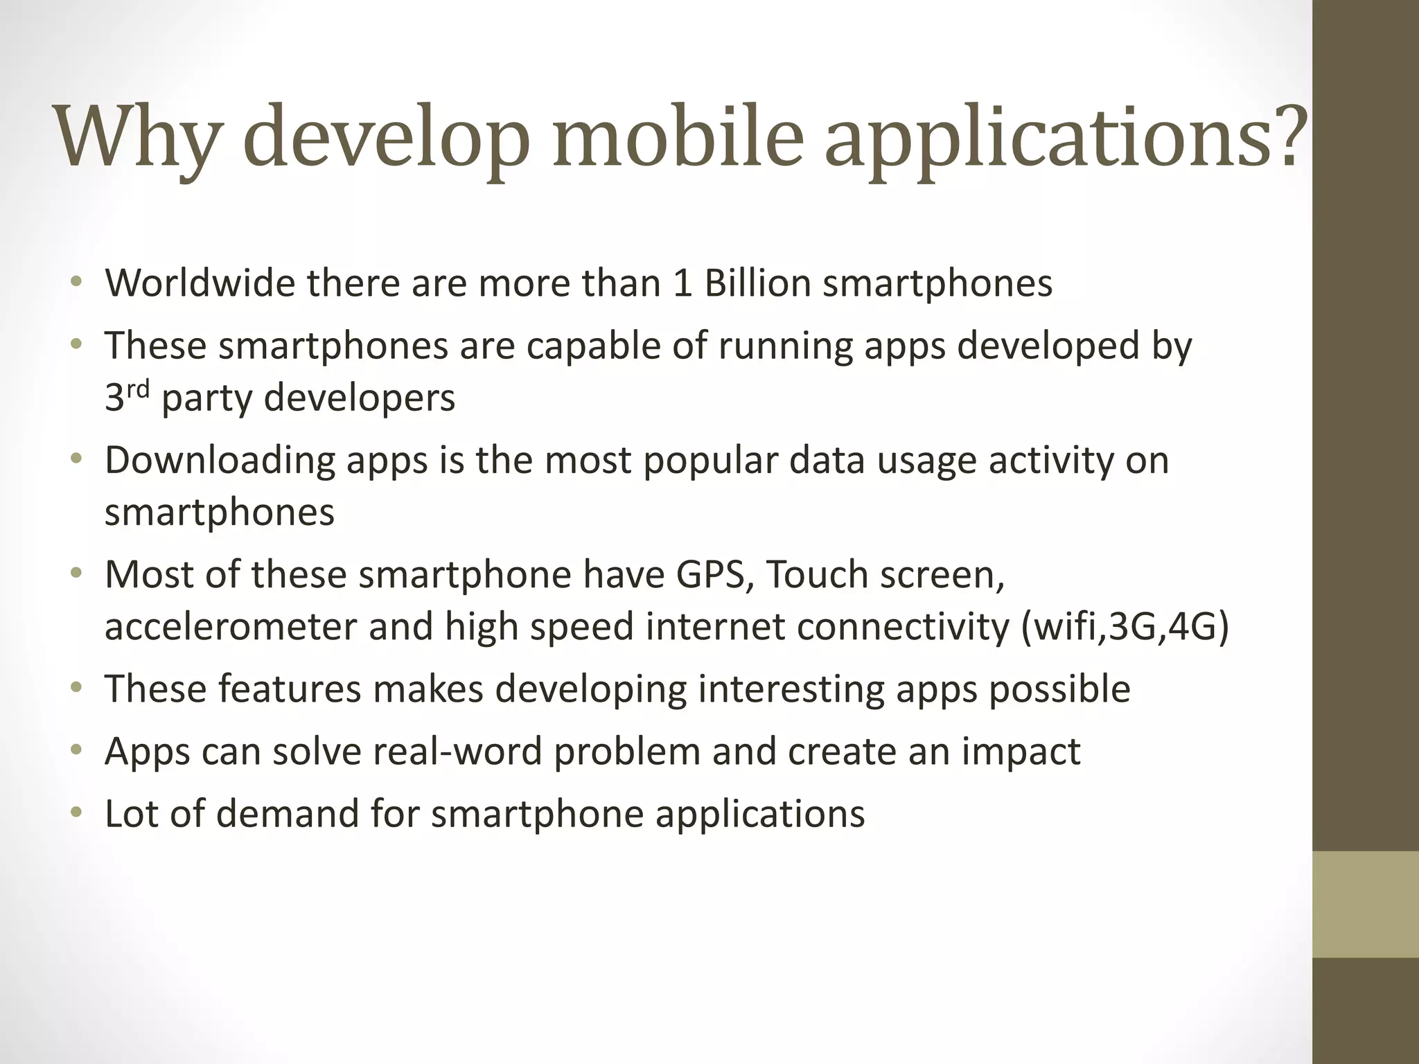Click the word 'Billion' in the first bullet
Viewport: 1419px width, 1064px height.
pyautogui.click(x=757, y=283)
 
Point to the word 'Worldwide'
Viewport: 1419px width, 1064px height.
pyautogui.click(x=200, y=283)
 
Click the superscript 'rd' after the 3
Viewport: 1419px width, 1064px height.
pyautogui.click(x=138, y=389)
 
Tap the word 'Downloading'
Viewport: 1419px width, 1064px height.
pyautogui.click(x=220, y=460)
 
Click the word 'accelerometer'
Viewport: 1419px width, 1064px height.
pyautogui.click(x=230, y=626)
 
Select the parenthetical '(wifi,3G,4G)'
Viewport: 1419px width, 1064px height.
pyautogui.click(x=1125, y=628)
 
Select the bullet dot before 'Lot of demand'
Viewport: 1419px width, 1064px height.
pyautogui.click(x=76, y=812)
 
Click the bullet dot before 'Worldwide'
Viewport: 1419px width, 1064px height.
pyautogui.click(x=76, y=282)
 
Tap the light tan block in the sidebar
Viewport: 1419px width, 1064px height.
pyautogui.click(x=1365, y=904)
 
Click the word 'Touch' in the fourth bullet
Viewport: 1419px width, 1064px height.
pyautogui.click(x=818, y=575)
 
